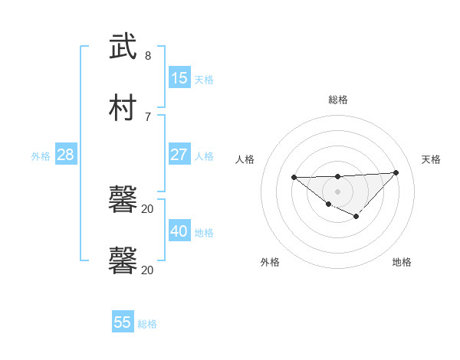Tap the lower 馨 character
(x=123, y=261)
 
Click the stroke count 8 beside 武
(x=148, y=55)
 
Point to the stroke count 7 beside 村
(x=148, y=116)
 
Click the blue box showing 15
(x=179, y=78)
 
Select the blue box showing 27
(x=179, y=155)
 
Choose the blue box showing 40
(x=179, y=231)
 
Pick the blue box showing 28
(x=66, y=155)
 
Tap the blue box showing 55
(x=123, y=322)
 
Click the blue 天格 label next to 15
(x=204, y=80)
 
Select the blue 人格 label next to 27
(x=204, y=156)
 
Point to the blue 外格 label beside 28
(x=41, y=156)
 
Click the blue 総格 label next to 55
(x=147, y=324)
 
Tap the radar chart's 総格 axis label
(x=338, y=100)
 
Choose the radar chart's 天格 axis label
(x=431, y=159)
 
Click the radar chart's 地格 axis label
(x=402, y=262)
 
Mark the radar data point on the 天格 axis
(x=396, y=172)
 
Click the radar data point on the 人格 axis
(x=294, y=177)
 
